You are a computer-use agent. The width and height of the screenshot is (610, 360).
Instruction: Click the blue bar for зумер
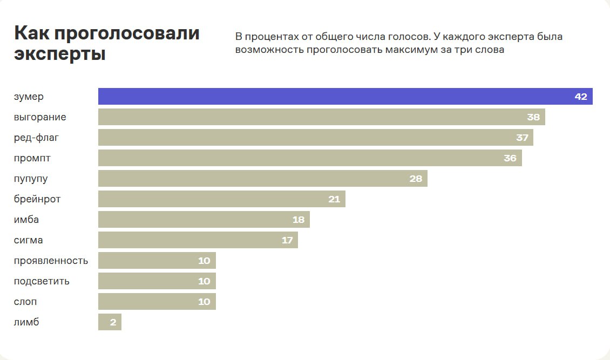click(x=335, y=97)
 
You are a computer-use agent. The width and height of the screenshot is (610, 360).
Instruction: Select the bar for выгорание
click(x=313, y=117)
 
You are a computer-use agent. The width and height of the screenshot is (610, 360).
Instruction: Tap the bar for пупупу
click(x=254, y=179)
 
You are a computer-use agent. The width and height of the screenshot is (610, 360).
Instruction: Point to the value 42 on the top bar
click(x=581, y=97)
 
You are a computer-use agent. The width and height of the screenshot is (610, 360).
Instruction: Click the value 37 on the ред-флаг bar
click(x=522, y=138)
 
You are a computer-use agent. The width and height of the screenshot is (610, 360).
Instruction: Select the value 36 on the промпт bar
click(x=510, y=158)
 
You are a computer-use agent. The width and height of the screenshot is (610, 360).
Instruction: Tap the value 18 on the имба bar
click(x=299, y=220)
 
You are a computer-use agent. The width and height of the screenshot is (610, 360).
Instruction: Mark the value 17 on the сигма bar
click(x=287, y=240)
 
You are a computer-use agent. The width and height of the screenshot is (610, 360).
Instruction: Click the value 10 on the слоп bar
click(x=204, y=302)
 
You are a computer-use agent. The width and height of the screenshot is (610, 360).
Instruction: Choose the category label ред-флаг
click(x=36, y=138)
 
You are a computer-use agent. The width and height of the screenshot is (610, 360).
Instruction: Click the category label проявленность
click(x=51, y=261)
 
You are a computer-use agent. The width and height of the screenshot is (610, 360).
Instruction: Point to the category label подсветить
click(x=42, y=281)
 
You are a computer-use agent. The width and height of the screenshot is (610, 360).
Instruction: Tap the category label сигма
click(x=29, y=240)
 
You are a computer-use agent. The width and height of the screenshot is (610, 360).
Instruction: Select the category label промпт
click(x=33, y=158)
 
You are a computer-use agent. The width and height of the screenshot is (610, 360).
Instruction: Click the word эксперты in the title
click(x=59, y=54)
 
